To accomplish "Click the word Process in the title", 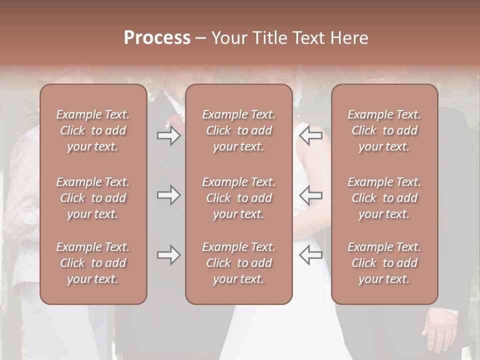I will [157, 38].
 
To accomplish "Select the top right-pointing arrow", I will [168, 135].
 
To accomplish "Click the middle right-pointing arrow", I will [168, 195].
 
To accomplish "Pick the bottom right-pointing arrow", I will [168, 255].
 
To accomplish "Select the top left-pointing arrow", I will [310, 135].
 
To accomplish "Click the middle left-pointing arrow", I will [310, 195].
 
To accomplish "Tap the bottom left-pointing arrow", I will [310, 255].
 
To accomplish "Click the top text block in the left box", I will [93, 130].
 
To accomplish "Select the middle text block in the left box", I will [93, 198].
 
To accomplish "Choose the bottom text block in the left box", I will [93, 263].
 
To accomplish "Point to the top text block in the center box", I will [238, 130].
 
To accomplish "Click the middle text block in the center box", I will [238, 198].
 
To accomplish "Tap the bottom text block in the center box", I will [238, 263].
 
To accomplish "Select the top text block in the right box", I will [384, 130].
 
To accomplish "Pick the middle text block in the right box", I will [384, 198].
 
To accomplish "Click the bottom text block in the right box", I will [384, 263].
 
